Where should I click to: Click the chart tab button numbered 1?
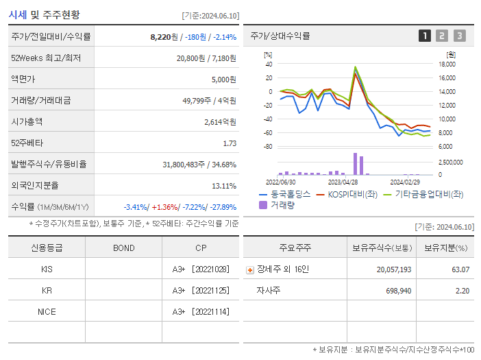click(x=425, y=36)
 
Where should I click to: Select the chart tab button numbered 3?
click(x=459, y=36)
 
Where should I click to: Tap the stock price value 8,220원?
click(x=165, y=36)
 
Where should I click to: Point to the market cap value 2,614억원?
click(x=220, y=121)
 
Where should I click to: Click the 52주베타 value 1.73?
click(x=230, y=143)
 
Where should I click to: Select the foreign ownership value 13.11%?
click(x=224, y=185)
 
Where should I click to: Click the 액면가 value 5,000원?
click(x=224, y=79)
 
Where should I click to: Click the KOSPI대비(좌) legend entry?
click(x=348, y=194)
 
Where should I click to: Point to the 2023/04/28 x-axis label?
click(x=343, y=182)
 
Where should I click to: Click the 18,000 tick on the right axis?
click(x=447, y=64)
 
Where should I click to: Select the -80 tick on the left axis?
click(x=268, y=147)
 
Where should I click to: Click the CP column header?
click(x=200, y=248)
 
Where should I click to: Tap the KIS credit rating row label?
click(x=47, y=269)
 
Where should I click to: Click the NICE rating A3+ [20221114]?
click(x=200, y=312)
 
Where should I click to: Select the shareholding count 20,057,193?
click(x=394, y=269)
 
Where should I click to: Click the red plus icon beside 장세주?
click(x=250, y=269)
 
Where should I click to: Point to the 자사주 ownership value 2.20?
click(x=463, y=291)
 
